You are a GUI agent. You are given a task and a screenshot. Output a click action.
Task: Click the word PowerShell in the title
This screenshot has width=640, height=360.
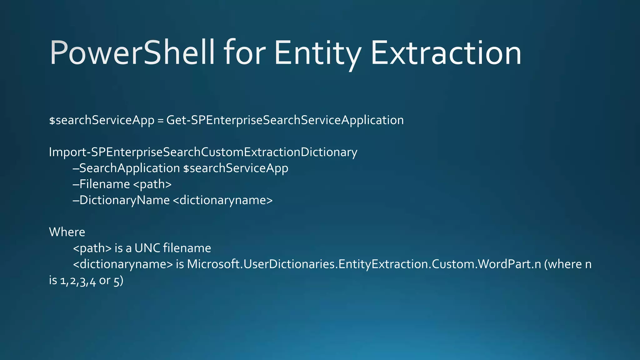pos(132,53)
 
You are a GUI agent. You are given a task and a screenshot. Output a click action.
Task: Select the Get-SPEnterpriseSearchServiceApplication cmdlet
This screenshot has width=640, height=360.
pos(285,120)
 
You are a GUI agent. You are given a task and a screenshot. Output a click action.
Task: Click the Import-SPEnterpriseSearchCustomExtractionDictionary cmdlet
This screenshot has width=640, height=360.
pos(203,152)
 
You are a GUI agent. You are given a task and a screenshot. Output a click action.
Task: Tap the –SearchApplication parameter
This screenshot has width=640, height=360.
pos(126,168)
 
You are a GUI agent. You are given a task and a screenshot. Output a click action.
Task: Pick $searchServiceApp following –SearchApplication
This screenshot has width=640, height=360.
pos(236,168)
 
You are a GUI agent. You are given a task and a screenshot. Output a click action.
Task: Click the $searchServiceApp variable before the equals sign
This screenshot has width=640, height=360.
pos(102,120)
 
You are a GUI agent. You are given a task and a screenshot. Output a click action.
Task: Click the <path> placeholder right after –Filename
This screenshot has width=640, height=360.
pos(152,184)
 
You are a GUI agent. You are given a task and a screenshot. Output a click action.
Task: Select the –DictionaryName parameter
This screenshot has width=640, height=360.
pos(121,200)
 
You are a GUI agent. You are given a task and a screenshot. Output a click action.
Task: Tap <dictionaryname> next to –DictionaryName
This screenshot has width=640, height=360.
pos(222,200)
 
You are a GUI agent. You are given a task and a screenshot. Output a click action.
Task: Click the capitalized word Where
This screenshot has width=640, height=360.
pos(67,232)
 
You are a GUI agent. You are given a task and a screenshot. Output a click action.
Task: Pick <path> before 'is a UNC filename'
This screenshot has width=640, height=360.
pos(92,248)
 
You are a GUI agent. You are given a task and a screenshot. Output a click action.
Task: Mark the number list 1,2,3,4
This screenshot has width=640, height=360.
pos(78,281)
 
